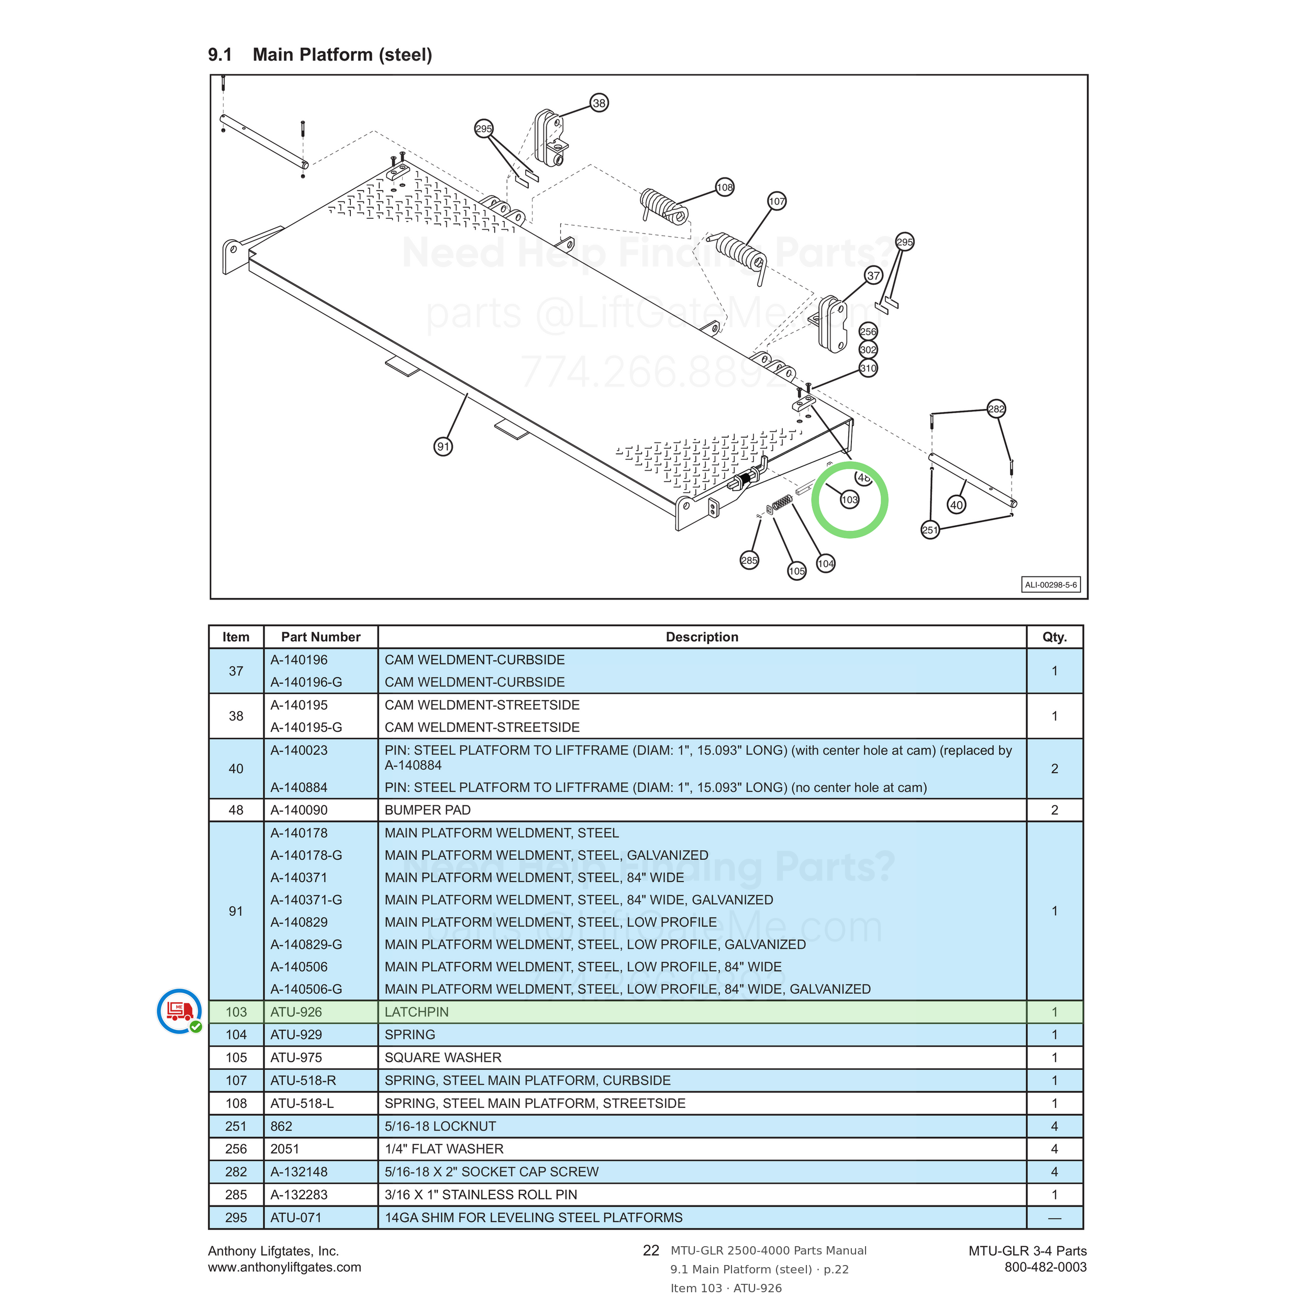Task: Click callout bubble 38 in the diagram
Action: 599,103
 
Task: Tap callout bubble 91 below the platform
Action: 443,447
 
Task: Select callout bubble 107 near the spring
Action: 777,201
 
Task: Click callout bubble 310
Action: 868,369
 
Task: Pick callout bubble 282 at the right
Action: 996,408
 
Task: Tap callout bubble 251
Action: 930,530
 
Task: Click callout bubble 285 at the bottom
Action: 749,560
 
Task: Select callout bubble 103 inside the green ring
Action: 850,500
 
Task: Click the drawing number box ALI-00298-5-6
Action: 1050,585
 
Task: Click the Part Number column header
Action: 320,637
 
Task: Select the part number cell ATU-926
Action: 296,1012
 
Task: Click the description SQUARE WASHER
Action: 443,1057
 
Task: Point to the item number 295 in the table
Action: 236,1217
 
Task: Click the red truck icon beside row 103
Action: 179,1011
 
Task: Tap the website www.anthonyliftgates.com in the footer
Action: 284,1267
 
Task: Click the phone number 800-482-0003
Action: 1046,1267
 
